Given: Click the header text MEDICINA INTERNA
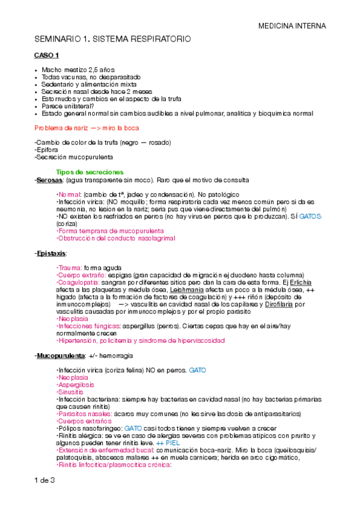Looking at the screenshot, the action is tap(292, 26).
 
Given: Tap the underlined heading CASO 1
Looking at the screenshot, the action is tap(46, 56).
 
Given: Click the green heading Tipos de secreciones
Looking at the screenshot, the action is tap(90, 172).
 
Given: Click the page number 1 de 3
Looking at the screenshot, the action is tap(45, 480).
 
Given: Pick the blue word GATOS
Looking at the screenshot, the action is tap(311, 215).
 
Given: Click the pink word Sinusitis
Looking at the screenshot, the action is tap(70, 391).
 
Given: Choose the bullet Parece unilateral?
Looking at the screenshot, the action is tap(75, 106).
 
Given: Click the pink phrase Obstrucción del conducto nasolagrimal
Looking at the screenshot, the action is tap(115, 238).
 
